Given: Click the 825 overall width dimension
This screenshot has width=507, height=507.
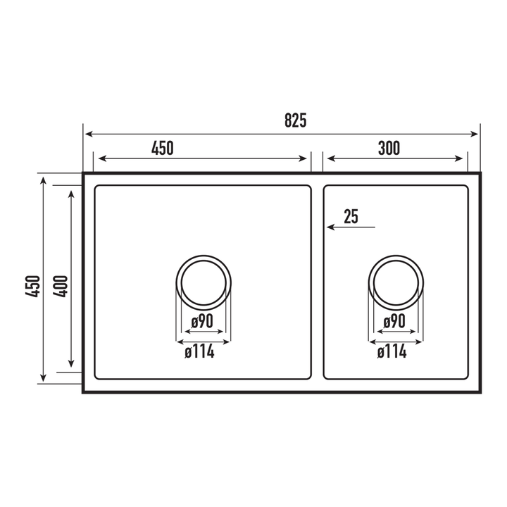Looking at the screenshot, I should [x=295, y=120].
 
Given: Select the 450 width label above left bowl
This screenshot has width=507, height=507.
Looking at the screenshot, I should [x=162, y=148].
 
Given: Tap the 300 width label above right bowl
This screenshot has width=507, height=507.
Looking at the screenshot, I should [x=388, y=148].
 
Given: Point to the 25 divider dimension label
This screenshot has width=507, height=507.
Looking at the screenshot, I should [x=351, y=217].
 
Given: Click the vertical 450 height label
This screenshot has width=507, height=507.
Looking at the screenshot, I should [x=32, y=286].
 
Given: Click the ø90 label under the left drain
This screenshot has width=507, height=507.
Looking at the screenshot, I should [x=203, y=322].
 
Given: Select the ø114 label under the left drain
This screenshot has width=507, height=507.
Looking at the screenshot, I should [x=199, y=351].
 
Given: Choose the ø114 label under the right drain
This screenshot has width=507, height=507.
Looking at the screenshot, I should [x=392, y=351].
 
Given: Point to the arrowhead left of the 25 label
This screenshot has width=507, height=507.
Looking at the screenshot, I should [x=328, y=227].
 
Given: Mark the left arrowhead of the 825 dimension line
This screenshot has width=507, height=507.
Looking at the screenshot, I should [x=87, y=133].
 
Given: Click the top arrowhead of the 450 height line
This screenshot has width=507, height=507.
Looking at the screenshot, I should [x=44, y=181].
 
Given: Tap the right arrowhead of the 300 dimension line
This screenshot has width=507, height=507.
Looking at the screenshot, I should [x=463, y=158].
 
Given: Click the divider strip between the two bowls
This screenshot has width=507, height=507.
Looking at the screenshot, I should [x=317, y=282].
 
